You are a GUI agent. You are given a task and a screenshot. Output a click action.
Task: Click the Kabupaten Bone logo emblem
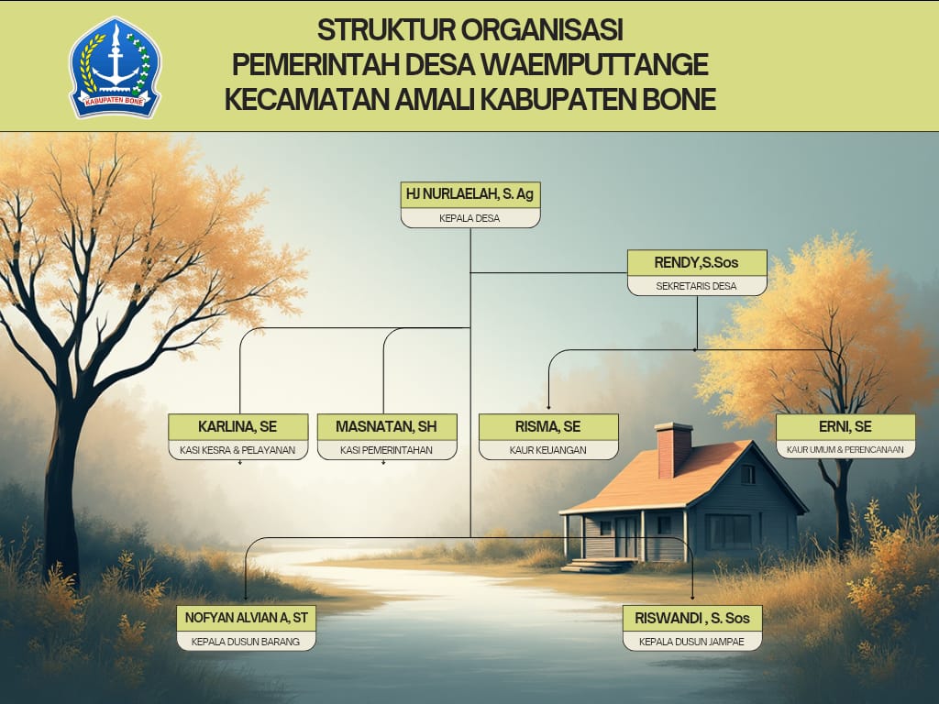[x=116, y=67]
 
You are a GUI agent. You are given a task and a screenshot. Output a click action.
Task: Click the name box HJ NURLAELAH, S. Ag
[x=469, y=194]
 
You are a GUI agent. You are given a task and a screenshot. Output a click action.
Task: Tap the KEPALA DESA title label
[x=469, y=218]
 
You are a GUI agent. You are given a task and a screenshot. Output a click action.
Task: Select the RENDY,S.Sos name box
[x=697, y=262]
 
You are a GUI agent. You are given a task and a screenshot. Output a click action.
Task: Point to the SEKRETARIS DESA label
[x=697, y=286]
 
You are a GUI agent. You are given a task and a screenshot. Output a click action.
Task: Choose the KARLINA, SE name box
[x=238, y=426]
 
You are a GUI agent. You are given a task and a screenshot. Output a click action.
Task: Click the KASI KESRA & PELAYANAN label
[x=238, y=450]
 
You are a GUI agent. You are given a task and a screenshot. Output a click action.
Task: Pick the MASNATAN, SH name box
[x=386, y=426]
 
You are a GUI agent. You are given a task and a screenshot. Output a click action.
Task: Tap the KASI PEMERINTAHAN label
[x=386, y=450]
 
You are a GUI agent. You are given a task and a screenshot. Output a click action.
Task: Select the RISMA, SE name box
[x=548, y=426]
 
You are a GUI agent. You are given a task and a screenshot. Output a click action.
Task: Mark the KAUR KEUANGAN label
[x=548, y=450]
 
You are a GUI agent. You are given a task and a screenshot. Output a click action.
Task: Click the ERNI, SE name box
[x=845, y=426]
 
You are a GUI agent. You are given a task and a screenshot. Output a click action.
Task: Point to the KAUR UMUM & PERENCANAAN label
[x=845, y=450]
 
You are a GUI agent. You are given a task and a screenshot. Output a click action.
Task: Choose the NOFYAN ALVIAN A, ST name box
[x=246, y=618]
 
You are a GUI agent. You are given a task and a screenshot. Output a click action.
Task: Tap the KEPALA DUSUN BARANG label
[x=246, y=642]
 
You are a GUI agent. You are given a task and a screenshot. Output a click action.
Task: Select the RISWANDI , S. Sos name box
[x=692, y=618]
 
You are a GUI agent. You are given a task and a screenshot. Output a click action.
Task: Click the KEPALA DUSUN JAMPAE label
[x=692, y=642]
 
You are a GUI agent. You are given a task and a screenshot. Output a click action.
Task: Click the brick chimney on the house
[x=674, y=449]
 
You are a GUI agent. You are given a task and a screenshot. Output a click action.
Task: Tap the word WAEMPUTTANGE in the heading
[x=610, y=65]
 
